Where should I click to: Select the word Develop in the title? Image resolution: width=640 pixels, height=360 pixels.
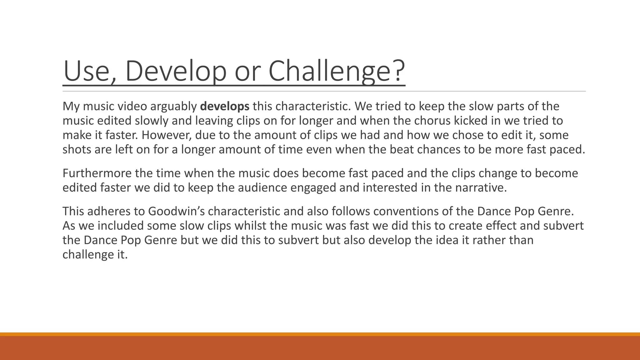point(175,71)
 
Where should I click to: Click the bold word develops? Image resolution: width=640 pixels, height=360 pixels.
point(224,107)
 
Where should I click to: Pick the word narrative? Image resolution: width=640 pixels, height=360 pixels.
point(481,187)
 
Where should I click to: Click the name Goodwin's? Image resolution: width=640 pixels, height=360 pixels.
point(176,211)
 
